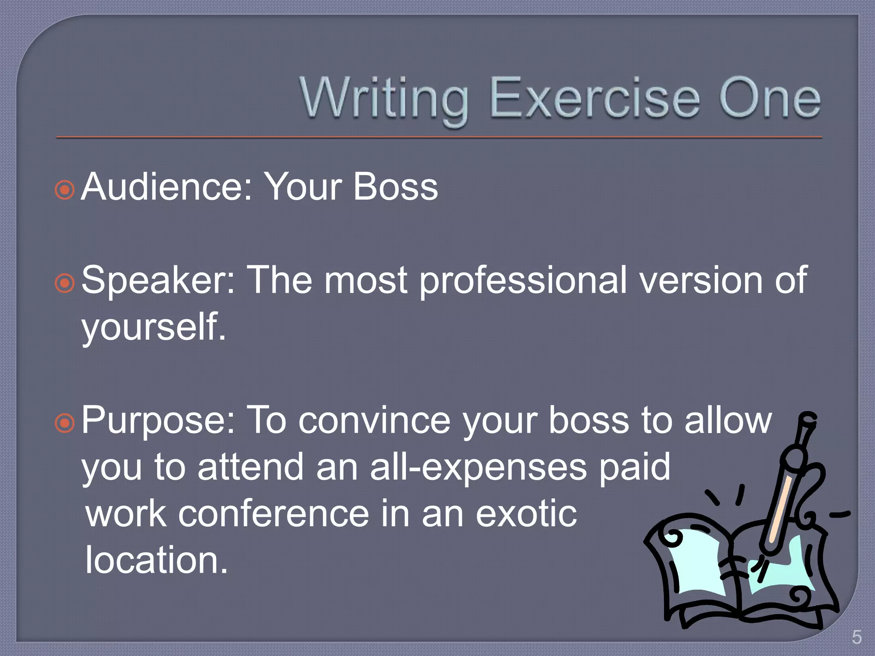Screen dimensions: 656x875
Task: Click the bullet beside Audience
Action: point(65,190)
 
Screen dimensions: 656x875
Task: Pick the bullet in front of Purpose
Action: point(65,423)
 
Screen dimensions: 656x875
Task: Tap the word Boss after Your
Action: point(396,187)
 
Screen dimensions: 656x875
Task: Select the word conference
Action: point(273,514)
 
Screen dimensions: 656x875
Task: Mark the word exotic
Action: point(526,514)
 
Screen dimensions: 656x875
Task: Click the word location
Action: point(156,560)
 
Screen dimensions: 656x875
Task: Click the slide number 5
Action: point(856,638)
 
